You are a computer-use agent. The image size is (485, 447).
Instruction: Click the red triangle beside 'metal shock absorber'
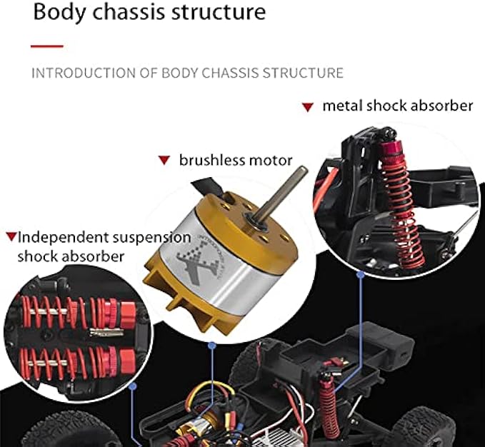(307, 107)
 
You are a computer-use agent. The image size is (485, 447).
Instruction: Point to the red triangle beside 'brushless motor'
(164, 161)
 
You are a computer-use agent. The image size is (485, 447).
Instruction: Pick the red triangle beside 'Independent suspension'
(11, 236)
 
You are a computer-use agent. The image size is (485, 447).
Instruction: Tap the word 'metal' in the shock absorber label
(342, 106)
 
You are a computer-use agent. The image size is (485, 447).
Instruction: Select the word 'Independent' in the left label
(62, 236)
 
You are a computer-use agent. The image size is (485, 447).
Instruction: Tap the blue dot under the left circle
(133, 386)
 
